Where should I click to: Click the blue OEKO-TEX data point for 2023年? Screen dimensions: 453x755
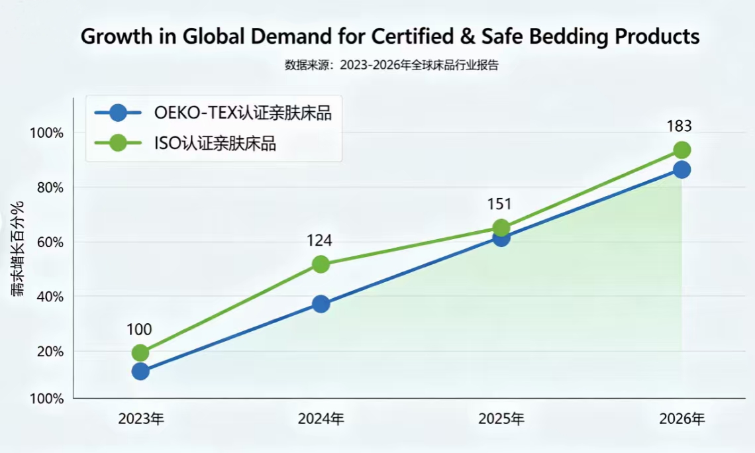pos(140,371)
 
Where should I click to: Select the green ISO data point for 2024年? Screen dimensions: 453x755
pos(321,264)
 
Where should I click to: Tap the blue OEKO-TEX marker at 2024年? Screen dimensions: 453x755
pos(321,304)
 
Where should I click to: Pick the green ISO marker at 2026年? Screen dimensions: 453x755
pos(681,150)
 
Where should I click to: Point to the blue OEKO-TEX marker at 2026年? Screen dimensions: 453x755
pos(681,170)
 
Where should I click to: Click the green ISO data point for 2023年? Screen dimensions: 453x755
pos(140,352)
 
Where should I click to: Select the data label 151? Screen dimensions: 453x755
pos(501,205)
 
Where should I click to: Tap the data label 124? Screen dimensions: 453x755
pos(319,240)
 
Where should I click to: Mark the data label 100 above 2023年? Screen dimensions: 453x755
pos(139,329)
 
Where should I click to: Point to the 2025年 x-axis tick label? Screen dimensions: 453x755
pos(501,419)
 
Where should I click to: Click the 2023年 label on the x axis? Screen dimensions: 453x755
pos(141,419)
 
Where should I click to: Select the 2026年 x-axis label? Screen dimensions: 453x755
pos(682,419)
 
